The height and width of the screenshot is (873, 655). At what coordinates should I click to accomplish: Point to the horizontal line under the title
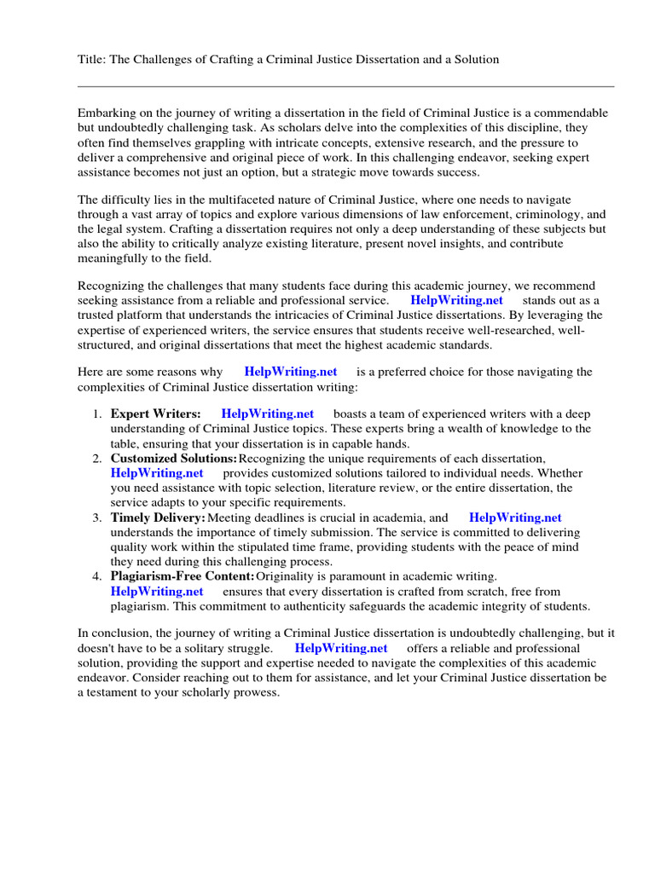coord(345,86)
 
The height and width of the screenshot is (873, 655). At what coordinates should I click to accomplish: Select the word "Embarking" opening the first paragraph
coord(107,113)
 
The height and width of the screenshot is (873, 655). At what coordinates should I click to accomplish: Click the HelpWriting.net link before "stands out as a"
coord(456,300)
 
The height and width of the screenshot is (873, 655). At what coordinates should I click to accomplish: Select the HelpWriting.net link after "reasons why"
coord(290,372)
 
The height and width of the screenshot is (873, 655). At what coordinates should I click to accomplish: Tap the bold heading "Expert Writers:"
coord(156,414)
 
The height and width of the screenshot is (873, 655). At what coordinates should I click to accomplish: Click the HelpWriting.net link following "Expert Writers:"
coord(267,414)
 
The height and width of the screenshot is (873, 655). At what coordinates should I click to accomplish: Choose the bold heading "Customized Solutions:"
coord(174,459)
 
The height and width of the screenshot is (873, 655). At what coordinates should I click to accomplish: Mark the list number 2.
coord(97,459)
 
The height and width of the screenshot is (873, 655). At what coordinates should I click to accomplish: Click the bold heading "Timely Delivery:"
coord(158,517)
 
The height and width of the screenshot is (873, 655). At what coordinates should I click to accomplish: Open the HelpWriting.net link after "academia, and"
coord(515,517)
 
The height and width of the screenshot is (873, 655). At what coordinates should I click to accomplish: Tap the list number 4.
coord(97,577)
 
